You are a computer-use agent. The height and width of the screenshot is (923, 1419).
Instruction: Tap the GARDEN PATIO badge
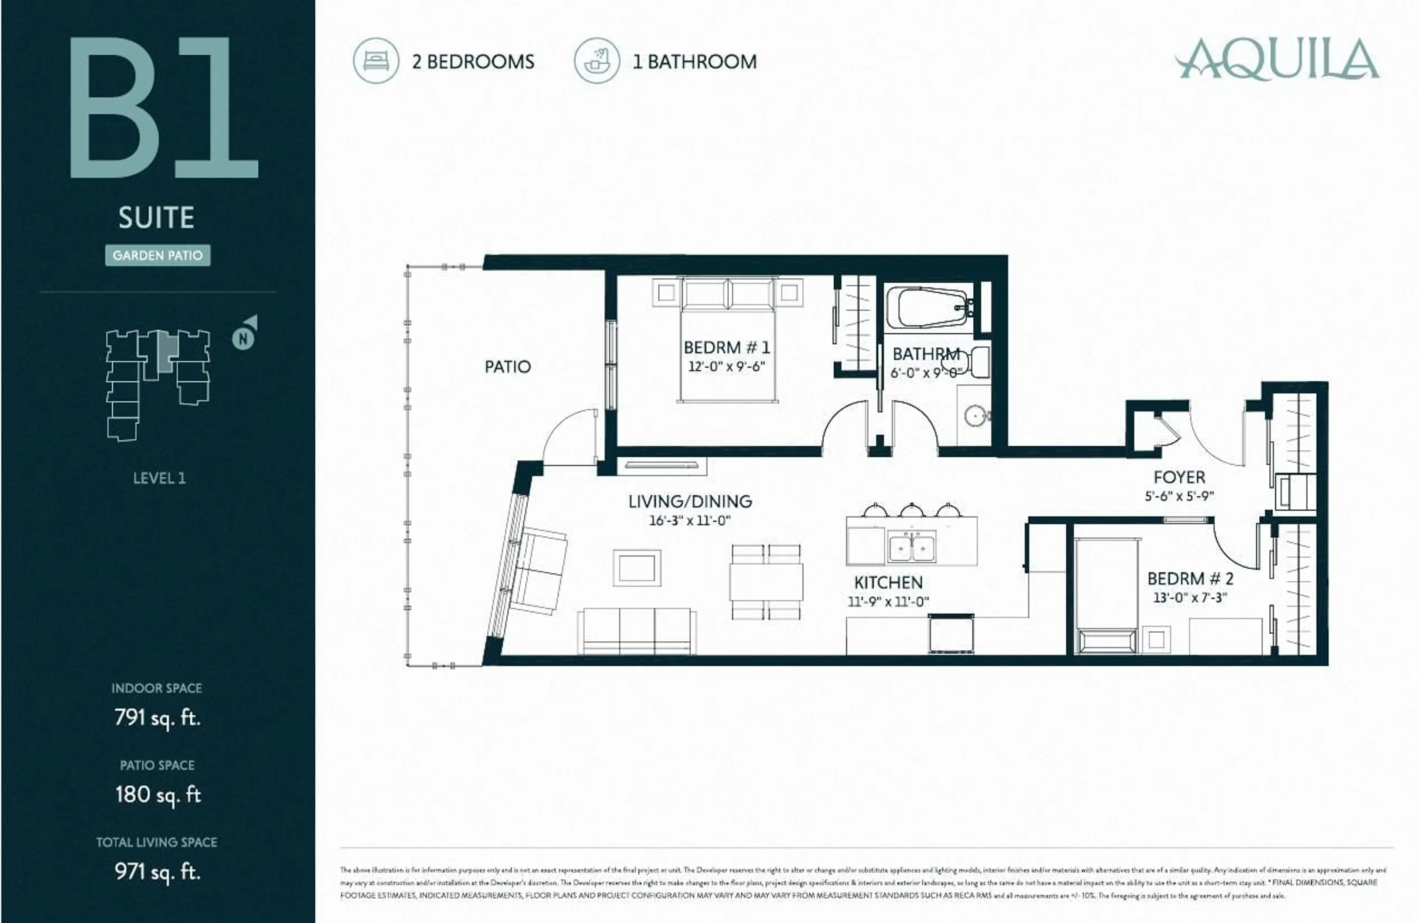tap(157, 255)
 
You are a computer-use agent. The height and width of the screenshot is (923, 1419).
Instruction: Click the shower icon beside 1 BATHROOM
tap(597, 61)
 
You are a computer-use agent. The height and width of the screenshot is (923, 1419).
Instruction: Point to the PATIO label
tap(507, 367)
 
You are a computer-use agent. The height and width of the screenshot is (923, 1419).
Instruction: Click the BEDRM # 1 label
tap(726, 348)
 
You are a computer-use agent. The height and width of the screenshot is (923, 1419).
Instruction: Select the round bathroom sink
tap(976, 416)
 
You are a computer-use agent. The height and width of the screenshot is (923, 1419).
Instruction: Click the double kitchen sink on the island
tap(912, 547)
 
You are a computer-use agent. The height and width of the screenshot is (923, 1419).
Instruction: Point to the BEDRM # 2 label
tap(1190, 578)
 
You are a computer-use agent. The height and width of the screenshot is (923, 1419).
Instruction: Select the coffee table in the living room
tap(637, 568)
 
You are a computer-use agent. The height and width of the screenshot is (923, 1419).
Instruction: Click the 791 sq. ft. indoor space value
tap(157, 717)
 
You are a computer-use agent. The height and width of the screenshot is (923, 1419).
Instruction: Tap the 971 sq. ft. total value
tap(157, 872)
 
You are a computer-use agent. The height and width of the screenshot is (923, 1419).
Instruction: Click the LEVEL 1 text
tap(159, 478)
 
